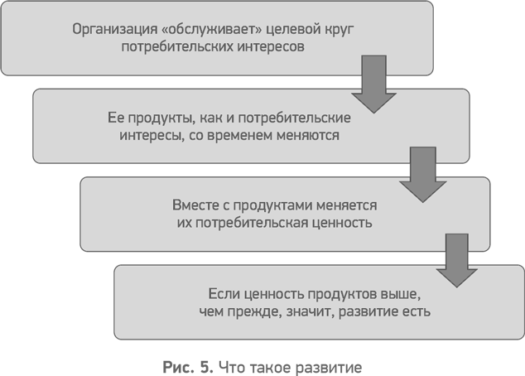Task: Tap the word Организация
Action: pos(115,30)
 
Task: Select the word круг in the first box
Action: pos(339,30)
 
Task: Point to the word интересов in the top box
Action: pos(271,46)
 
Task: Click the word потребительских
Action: pos(177,46)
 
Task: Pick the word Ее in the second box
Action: pos(116,118)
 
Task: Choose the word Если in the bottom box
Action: pos(223,294)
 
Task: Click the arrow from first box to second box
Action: pos(373,84)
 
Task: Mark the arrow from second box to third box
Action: pos(423,175)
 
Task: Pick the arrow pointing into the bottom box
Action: pos(457,261)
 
